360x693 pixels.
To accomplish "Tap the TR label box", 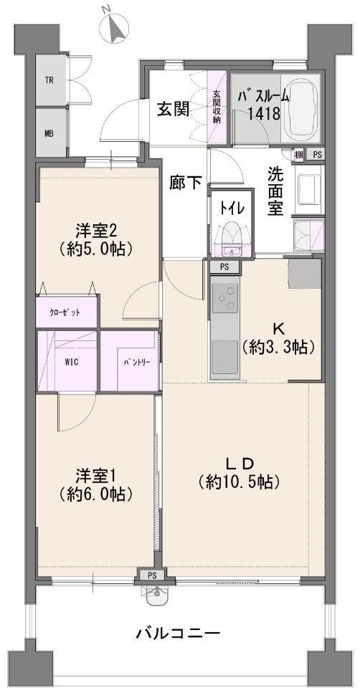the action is (50, 81).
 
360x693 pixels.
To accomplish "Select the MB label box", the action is (50, 133).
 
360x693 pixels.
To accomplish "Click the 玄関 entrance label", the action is (173, 108).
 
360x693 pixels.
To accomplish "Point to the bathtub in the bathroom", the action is (300, 107).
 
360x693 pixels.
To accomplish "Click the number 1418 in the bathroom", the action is (264, 113).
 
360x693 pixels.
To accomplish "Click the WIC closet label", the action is (72, 363).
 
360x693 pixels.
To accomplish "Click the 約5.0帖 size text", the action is (96, 249).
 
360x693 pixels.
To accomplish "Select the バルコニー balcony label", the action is (178, 634).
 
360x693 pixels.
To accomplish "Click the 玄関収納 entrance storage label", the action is (217, 107).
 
